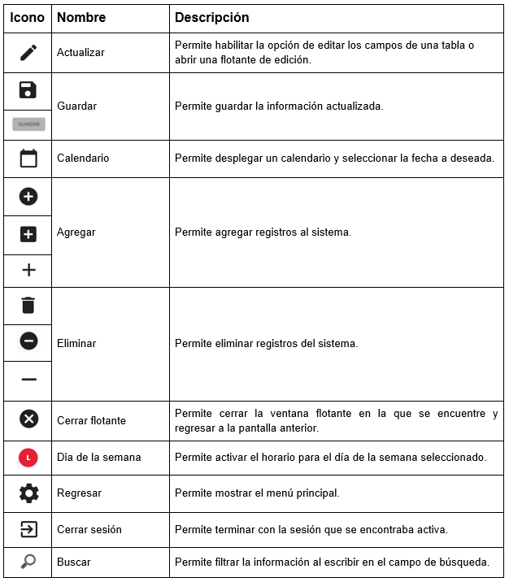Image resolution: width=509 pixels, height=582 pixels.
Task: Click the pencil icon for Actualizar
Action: pos(28,53)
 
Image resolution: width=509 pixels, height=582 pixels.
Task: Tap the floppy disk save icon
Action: pos(28,89)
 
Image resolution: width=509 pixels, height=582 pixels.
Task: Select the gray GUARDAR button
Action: pos(28,124)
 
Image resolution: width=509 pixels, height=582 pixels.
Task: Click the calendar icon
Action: pos(28,159)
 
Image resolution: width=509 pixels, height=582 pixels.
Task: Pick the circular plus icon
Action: pos(28,197)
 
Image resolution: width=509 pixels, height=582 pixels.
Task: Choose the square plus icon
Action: pos(28,234)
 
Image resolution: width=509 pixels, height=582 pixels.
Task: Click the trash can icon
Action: pos(28,306)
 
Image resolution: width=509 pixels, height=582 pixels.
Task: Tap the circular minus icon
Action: pos(28,342)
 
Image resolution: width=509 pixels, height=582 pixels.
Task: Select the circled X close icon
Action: pos(28,419)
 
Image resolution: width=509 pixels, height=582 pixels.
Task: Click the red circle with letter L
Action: pos(28,458)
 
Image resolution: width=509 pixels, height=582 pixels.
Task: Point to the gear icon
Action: pos(28,493)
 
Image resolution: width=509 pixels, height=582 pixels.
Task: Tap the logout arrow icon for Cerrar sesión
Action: pos(28,529)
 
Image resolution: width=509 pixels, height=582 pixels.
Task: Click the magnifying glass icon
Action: pos(28,562)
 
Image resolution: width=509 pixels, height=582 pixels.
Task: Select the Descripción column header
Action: pos(212,17)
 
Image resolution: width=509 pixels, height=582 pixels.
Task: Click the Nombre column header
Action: pos(81,17)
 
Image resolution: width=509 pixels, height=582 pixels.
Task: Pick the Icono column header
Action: pos(27,17)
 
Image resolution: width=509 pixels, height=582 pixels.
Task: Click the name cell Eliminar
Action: pos(76,344)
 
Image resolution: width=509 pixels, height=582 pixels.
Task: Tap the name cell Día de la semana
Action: pos(98,458)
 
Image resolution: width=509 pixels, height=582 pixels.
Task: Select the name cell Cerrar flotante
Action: pos(91,421)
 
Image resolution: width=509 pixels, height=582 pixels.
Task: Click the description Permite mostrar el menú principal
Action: pos(257,493)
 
